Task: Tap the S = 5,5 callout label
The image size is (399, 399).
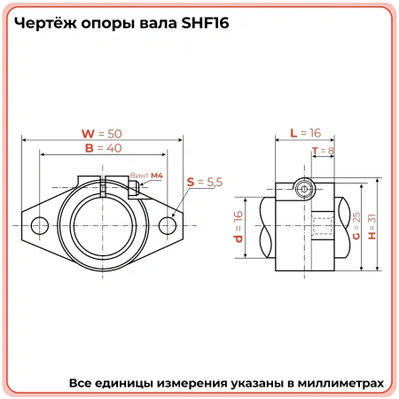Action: (x=205, y=181)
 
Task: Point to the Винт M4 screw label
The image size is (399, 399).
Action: (x=146, y=176)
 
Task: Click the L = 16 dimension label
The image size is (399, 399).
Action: (x=305, y=133)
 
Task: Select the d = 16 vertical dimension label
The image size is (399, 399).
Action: (x=239, y=227)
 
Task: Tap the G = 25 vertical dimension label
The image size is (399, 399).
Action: (x=356, y=227)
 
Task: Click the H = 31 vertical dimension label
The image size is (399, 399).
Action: (x=372, y=227)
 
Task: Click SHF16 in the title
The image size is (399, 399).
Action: (x=203, y=24)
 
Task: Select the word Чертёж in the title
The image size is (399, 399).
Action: (x=45, y=24)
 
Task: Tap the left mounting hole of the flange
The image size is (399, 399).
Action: (x=36, y=226)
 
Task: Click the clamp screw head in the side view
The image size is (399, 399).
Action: (x=303, y=189)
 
